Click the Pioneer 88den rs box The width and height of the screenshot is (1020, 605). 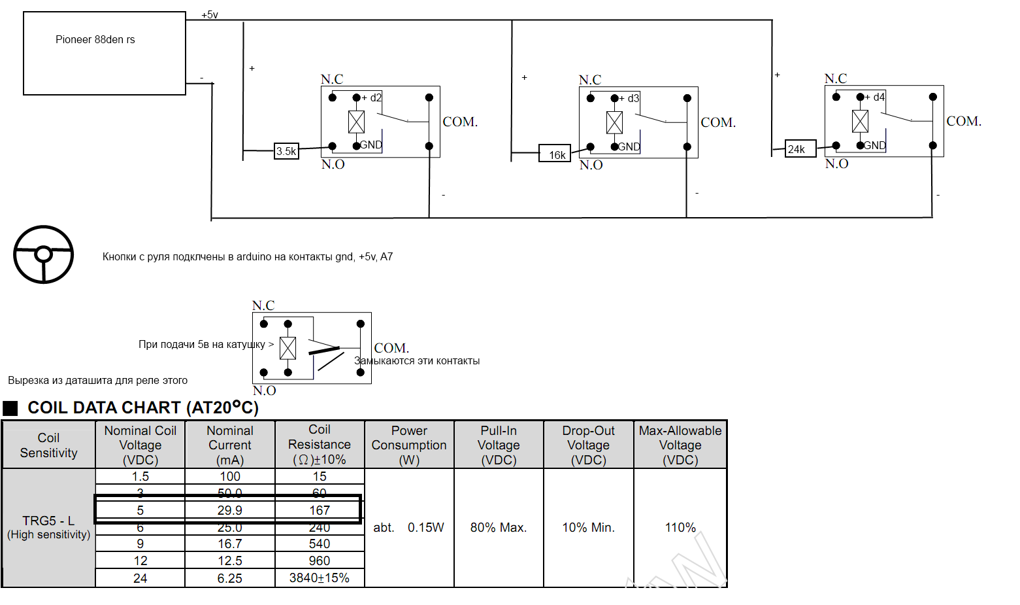[105, 53]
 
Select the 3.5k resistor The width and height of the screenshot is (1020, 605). [286, 151]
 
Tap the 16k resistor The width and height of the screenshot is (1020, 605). [555, 154]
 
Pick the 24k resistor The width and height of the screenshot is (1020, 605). [800, 148]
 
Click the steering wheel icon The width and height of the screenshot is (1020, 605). [44, 254]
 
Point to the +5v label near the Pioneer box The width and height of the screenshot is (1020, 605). [209, 14]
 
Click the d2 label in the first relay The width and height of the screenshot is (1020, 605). [376, 97]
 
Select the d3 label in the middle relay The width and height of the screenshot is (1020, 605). [633, 98]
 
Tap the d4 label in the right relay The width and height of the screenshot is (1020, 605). [879, 97]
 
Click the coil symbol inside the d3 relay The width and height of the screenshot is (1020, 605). [614, 122]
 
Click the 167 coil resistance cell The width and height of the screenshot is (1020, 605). [320, 510]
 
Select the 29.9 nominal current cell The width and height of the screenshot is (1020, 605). [229, 510]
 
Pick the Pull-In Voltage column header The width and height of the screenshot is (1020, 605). [499, 445]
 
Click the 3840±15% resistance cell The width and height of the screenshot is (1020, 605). [320, 578]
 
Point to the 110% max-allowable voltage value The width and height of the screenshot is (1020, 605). [680, 527]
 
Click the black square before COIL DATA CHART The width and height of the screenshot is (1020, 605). [10, 408]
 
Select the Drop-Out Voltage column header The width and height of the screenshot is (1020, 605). [588, 445]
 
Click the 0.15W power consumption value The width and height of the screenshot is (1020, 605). [425, 527]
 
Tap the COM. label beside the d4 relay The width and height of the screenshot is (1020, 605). [964, 121]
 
